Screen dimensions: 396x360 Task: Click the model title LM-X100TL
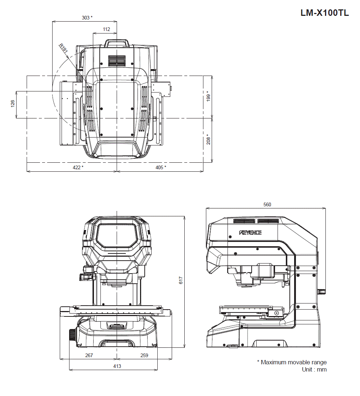click(x=325, y=13)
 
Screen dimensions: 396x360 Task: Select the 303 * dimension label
click(x=87, y=17)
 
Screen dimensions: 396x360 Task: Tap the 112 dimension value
click(x=106, y=29)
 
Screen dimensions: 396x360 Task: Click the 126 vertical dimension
click(x=13, y=104)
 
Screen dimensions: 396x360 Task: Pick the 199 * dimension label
click(x=208, y=96)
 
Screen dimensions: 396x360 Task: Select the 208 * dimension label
click(x=208, y=139)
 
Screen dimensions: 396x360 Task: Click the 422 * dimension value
click(x=77, y=167)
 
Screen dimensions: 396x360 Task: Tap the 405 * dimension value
click(x=161, y=167)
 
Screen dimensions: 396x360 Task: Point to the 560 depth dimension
click(x=267, y=204)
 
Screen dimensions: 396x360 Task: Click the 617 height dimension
click(x=181, y=280)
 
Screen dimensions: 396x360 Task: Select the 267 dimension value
click(x=89, y=355)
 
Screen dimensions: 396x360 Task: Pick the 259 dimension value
click(x=144, y=355)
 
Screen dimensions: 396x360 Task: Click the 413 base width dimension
click(x=117, y=366)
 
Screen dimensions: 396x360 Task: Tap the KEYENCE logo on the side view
click(x=251, y=233)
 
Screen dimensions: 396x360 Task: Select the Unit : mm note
click(x=314, y=369)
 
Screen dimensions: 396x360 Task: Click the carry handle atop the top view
click(x=117, y=43)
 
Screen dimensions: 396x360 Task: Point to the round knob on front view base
click(x=72, y=335)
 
